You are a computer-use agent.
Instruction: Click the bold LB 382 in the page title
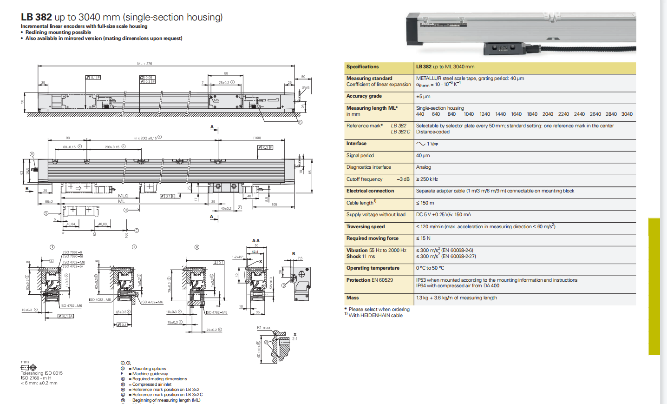coord(36,17)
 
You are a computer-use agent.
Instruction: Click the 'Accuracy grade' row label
coord(364,96)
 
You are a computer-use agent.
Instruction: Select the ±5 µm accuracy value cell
coord(423,97)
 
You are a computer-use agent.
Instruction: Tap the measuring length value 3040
coord(627,114)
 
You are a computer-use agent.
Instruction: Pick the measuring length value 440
coord(420,114)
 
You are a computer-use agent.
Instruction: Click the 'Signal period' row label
coord(360,156)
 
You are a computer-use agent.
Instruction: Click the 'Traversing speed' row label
coord(366,227)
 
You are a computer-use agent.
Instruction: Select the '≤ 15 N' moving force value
coord(423,238)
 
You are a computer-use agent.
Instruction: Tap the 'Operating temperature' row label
coord(373,268)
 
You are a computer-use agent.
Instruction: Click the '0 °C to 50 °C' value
coord(430,268)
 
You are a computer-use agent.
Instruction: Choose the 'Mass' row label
coord(353,298)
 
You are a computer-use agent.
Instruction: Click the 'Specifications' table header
coord(362,67)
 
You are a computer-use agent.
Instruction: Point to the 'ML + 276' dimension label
coord(144,64)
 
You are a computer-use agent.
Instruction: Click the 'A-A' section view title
coord(256,241)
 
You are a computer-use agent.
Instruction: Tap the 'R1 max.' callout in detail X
coord(264,328)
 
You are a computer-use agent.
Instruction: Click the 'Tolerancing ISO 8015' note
coord(41,373)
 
